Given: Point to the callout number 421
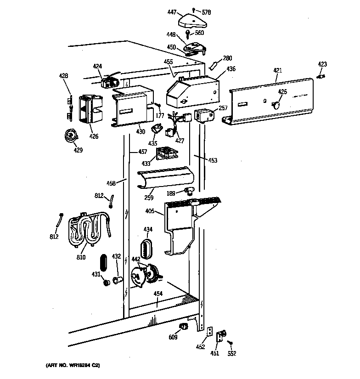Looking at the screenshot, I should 277,70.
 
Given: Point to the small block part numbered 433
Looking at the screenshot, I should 166,153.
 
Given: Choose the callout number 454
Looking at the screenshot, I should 157,294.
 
